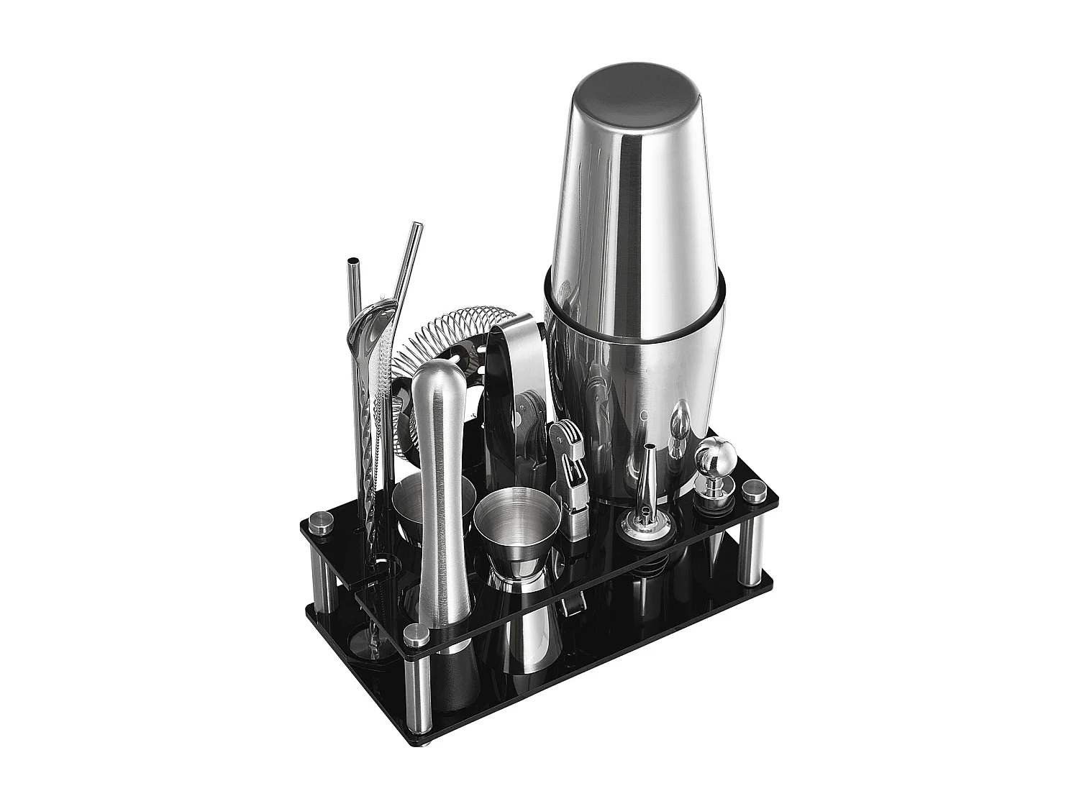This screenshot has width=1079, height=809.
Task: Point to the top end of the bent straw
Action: pos(416,229)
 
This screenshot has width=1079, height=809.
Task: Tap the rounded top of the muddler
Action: pos(434,378)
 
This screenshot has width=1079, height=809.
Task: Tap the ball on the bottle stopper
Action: pos(712,454)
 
